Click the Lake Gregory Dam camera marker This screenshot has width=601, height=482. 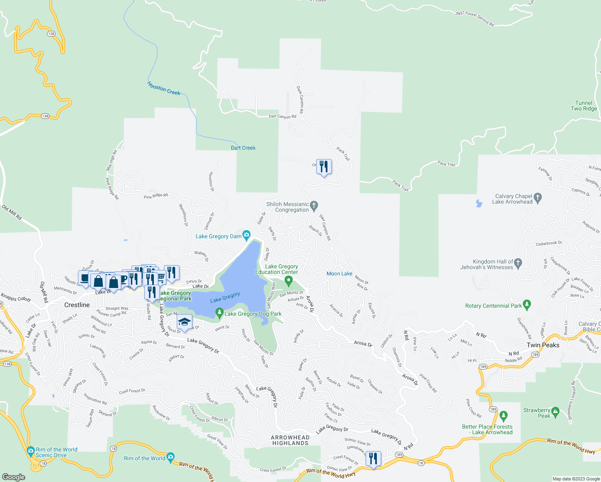246,235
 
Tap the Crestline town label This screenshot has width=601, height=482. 77,305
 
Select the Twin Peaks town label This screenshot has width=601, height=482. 543,345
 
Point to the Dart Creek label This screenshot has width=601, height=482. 243,148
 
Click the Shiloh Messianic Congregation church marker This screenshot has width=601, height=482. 314,206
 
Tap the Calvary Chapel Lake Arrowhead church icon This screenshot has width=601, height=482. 538,197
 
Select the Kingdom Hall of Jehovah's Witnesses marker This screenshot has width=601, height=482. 518,263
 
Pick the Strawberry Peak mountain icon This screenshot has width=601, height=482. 555,411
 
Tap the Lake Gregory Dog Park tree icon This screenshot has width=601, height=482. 219,312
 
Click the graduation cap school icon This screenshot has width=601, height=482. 184,322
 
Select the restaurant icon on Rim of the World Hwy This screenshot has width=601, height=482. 373,458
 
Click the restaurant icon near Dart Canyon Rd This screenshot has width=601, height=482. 324,166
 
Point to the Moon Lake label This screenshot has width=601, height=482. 339,274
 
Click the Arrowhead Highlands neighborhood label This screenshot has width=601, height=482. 290,440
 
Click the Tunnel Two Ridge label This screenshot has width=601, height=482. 584,106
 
